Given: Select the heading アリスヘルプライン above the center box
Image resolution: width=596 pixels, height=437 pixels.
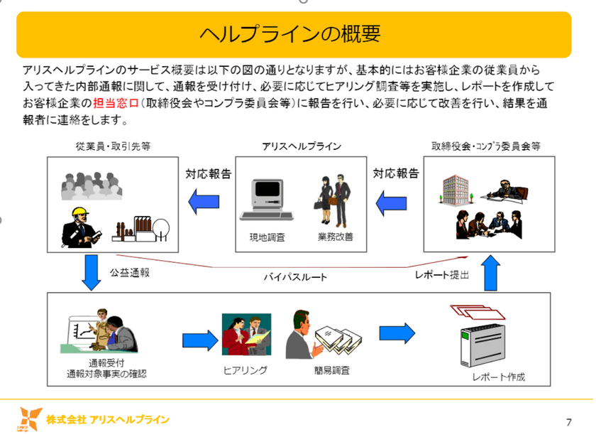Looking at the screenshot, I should (301, 146).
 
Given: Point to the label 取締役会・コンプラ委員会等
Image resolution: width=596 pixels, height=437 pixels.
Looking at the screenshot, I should (486, 146).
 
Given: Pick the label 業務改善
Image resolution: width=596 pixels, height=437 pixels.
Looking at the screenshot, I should (336, 237).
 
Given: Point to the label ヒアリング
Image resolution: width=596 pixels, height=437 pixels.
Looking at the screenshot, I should (245, 370).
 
